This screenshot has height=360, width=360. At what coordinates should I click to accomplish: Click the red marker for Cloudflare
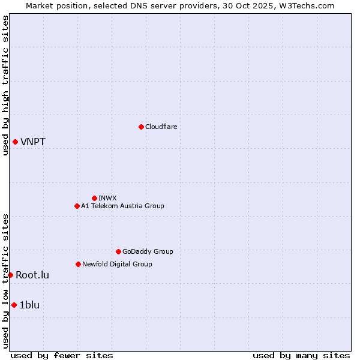click(141, 127)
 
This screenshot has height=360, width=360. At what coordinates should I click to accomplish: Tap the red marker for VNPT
click(15, 142)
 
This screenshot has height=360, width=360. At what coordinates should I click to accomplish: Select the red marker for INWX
click(94, 198)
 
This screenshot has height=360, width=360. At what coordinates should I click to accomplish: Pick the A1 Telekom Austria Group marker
click(77, 206)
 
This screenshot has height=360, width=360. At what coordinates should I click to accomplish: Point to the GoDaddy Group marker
click(118, 251)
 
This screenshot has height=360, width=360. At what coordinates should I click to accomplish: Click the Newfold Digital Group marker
click(78, 264)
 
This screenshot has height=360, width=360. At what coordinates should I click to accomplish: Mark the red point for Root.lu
click(10, 275)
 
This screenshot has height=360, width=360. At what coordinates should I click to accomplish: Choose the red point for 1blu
click(14, 305)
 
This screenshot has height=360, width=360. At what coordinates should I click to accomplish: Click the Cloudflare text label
click(161, 127)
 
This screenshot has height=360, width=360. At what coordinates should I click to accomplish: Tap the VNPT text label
click(33, 142)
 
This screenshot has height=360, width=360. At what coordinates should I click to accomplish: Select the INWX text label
click(107, 198)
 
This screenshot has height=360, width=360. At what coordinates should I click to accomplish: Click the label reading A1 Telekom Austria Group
click(122, 206)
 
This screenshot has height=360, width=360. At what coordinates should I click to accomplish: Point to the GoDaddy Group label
click(148, 251)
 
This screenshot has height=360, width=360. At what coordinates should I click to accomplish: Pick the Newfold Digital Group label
click(117, 264)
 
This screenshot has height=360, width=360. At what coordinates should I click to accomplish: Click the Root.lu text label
click(32, 275)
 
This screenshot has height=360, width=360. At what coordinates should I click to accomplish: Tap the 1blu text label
click(29, 305)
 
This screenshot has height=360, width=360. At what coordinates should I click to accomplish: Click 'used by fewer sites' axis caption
click(62, 355)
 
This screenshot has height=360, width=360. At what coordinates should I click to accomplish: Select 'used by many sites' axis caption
click(301, 355)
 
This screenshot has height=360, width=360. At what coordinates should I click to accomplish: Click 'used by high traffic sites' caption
click(5, 85)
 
